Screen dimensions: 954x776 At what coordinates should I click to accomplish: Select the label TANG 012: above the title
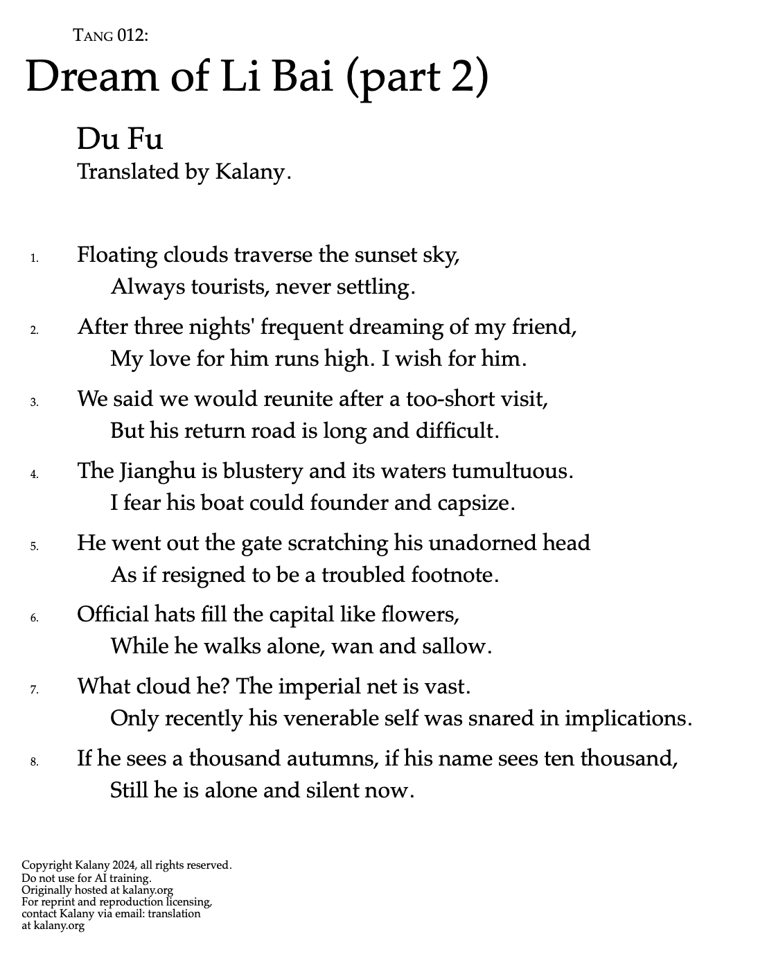tap(111, 35)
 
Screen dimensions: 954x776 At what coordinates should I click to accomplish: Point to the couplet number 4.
tap(34, 475)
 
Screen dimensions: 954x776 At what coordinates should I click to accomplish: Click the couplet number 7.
tap(34, 690)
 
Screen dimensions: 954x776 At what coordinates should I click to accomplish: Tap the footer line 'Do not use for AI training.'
tap(87, 878)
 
